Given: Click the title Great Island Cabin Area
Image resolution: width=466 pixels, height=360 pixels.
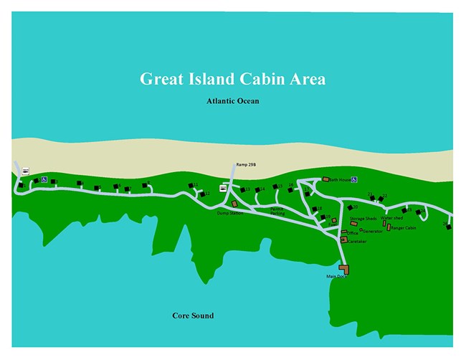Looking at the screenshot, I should coord(232,79).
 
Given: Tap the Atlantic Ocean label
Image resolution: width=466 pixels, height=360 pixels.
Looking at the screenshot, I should coord(232,101).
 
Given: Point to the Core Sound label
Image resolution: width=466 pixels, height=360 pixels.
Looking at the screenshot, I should coord(193,316).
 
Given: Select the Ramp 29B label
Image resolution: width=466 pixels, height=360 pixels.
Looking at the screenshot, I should coord(246,164).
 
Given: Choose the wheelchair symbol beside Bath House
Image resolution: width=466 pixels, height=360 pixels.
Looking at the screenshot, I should coord(354,179).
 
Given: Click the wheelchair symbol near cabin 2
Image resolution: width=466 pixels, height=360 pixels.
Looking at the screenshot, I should coord(44,180).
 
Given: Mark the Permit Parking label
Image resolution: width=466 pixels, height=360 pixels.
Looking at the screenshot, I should coord(277,212).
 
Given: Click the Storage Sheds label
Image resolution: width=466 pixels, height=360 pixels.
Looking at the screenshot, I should coord(363,218).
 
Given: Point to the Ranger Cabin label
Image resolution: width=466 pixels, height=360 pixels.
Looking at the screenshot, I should coord(404,228).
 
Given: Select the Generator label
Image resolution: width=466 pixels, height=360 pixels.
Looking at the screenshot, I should coord(372,231).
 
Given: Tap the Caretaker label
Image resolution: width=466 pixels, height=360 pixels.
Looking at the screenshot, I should coord(357,242).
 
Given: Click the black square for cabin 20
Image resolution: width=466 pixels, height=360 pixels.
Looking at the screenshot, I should coord(349,207).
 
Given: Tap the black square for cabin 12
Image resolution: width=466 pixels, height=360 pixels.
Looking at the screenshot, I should coord(202,194).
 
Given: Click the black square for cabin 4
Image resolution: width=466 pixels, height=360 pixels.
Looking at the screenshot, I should coord(80,184).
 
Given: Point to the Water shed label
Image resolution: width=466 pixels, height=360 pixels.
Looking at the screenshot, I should coord(392,218).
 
